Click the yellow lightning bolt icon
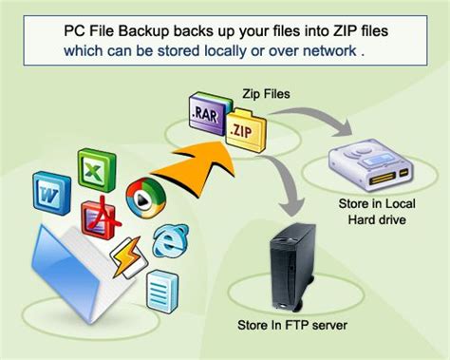coord(129,254)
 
